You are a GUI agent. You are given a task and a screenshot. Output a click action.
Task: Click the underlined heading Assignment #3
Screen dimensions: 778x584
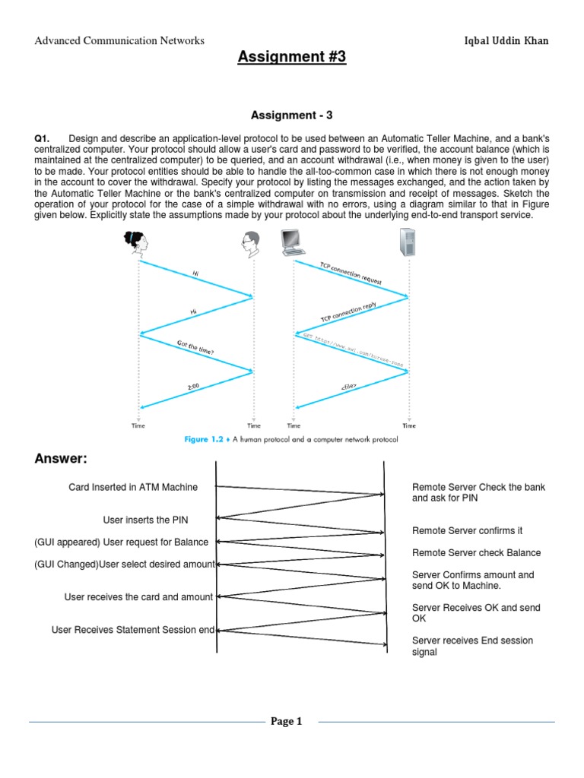tap(292, 56)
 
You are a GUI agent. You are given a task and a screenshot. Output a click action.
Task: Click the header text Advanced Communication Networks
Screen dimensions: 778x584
tap(119, 40)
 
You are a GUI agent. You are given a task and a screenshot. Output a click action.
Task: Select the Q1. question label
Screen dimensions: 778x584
tap(42, 138)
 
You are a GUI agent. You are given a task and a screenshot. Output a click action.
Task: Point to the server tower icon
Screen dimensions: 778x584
tap(408, 242)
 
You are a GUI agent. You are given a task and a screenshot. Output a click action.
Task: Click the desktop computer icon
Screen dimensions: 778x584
tap(293, 242)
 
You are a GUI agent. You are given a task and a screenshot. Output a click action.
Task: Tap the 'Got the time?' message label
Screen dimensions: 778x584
tap(195, 348)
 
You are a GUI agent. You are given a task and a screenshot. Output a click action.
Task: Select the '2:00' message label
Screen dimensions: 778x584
tap(193, 387)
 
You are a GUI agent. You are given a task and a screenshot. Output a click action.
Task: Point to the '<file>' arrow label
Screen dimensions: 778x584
tap(349, 389)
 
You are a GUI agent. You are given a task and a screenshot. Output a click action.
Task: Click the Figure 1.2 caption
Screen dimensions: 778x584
tap(292, 439)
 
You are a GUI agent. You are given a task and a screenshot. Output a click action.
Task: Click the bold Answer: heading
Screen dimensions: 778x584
tap(61, 459)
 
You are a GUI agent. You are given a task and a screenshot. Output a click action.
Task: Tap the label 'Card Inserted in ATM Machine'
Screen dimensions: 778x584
tap(133, 487)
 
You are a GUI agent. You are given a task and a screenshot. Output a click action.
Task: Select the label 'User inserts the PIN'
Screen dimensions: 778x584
tap(146, 520)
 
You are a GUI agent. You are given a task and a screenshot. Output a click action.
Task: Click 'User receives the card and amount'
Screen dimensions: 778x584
tap(138, 597)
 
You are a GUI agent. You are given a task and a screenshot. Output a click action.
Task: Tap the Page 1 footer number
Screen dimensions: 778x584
tap(287, 722)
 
